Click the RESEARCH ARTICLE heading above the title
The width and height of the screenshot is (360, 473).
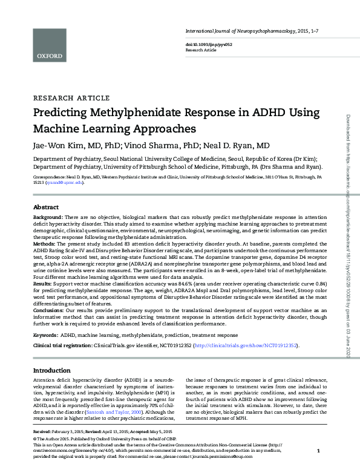click(x=71, y=97)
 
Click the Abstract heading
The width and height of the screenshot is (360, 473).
click(x=46, y=206)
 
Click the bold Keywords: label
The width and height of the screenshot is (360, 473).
click(x=46, y=334)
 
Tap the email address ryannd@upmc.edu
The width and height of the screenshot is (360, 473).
click(x=65, y=183)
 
